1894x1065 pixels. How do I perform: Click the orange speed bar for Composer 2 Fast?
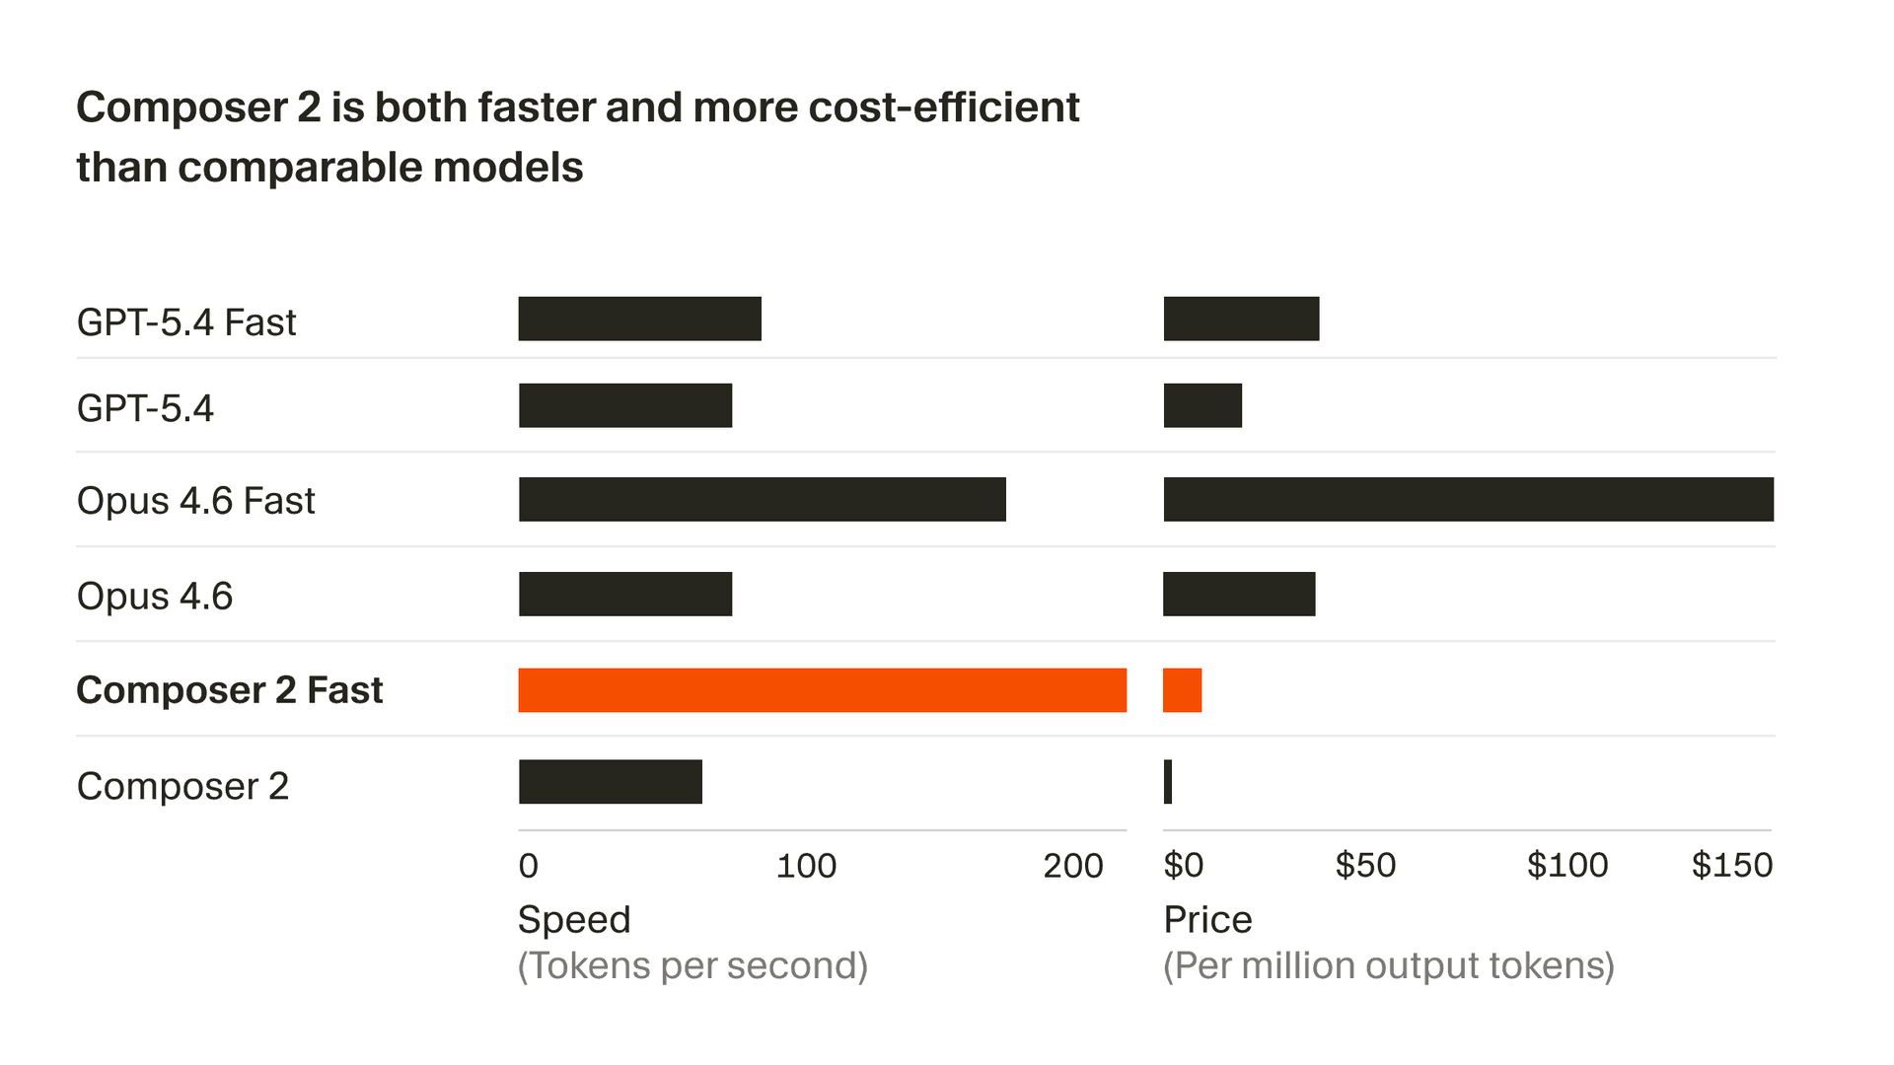[x=822, y=690]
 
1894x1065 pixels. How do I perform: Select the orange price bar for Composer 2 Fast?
[x=1182, y=690]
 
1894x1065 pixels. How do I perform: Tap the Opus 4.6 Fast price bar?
[x=1468, y=500]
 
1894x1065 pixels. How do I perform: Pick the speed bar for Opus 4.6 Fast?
[x=762, y=500]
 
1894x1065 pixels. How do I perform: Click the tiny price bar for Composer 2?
[x=1168, y=782]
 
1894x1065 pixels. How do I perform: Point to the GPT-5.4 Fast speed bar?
[x=639, y=319]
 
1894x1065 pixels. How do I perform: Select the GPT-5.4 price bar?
[x=1202, y=406]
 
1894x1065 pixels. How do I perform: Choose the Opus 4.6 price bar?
[x=1239, y=595]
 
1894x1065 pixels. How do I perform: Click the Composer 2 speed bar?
[x=610, y=782]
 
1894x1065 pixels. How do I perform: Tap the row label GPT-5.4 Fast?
[x=186, y=322]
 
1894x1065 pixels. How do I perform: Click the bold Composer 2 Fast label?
[x=229, y=690]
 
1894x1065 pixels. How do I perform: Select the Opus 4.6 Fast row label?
[x=195, y=501]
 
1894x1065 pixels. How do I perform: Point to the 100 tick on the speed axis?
[x=806, y=866]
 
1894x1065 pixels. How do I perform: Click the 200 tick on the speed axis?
[x=1072, y=866]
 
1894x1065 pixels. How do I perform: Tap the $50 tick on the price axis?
[x=1365, y=866]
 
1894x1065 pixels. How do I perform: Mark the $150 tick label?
[x=1731, y=866]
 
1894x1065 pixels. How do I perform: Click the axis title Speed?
[x=574, y=920]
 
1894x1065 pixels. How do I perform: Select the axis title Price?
[x=1207, y=920]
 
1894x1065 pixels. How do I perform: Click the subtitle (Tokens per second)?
[x=692, y=965]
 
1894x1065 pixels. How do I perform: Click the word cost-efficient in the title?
[x=943, y=107]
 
